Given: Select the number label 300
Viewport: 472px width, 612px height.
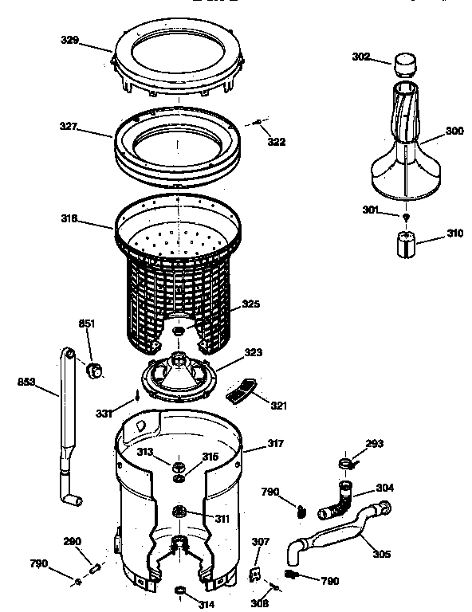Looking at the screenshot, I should pyautogui.click(x=454, y=131).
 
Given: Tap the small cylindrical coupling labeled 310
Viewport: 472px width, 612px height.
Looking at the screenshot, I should pyautogui.click(x=408, y=241).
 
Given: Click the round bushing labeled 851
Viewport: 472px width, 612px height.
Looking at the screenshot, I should pyautogui.click(x=94, y=368).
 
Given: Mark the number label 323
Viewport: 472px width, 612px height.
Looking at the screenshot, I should pyautogui.click(x=254, y=351).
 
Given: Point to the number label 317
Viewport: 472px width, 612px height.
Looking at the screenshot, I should pyautogui.click(x=275, y=443).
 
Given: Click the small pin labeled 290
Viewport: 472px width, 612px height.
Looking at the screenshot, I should pyautogui.click(x=94, y=568).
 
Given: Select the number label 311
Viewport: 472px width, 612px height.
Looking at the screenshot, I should pyautogui.click(x=222, y=518).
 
